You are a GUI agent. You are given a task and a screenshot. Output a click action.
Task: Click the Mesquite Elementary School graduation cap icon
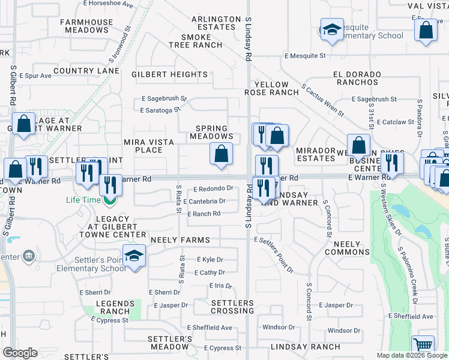click(x=331, y=32)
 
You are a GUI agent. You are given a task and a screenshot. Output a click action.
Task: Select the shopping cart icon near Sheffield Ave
click(x=423, y=346)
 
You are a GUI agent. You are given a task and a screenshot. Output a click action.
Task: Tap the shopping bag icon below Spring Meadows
click(x=221, y=154)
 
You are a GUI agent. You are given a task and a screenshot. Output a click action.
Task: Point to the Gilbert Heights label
click(x=169, y=75)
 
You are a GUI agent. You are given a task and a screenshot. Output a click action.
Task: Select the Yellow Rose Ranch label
click(x=271, y=89)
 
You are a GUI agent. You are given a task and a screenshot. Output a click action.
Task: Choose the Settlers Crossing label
click(x=232, y=307)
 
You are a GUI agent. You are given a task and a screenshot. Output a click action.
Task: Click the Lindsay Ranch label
click(x=305, y=347)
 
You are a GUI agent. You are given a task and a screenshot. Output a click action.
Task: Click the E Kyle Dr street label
click(x=210, y=260)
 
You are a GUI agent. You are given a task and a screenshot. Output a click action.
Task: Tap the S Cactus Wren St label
click(x=323, y=100)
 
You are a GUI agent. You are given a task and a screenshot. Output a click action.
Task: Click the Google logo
click(x=20, y=353)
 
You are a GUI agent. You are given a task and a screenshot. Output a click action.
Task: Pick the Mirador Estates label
click(x=315, y=154)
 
